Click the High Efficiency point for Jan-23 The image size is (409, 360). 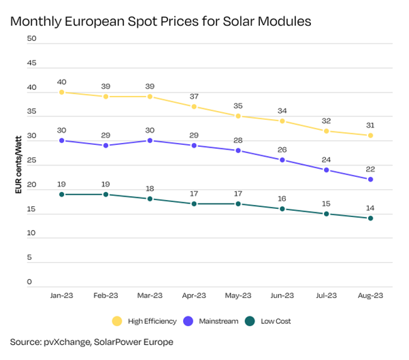pos(61,92)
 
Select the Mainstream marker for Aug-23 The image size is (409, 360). pos(371,180)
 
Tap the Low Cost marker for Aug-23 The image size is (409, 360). pos(371,218)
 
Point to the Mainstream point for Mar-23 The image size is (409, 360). pos(150,141)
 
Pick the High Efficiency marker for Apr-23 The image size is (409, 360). pos(194,107)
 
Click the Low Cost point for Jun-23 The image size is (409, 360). pos(282,209)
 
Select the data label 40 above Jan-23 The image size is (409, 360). pos(61,81)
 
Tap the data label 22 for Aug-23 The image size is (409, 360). pos(371,169)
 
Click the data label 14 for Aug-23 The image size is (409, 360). pos(371,208)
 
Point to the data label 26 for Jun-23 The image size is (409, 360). pos(282,149)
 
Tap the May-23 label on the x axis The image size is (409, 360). pos(238,296)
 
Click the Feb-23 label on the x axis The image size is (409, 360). pos(105,296)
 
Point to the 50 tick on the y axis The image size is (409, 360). pos(31,39)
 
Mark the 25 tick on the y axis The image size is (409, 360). pos(31,161)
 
